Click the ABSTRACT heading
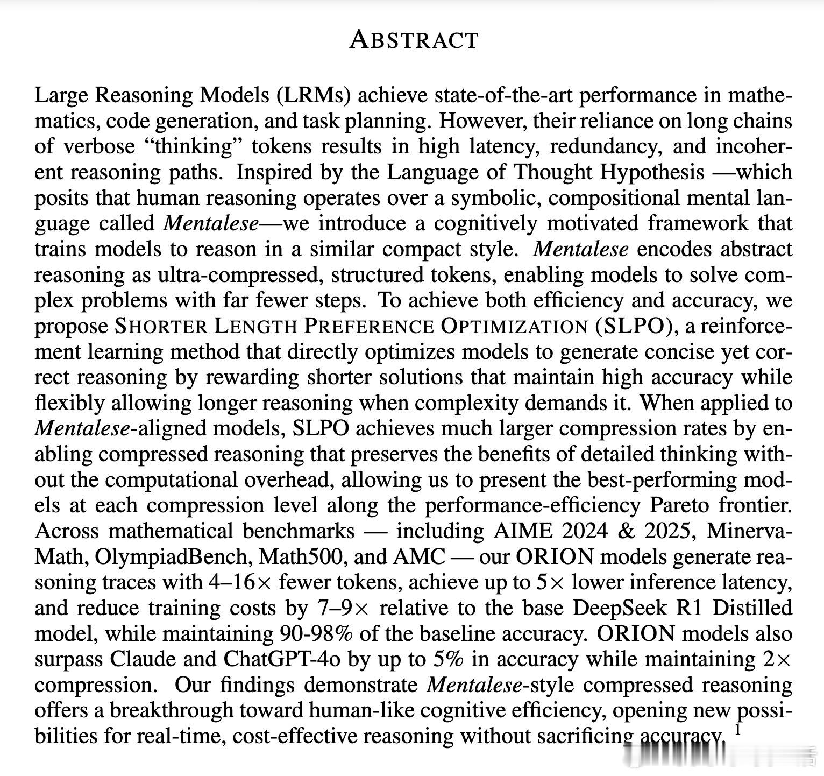(x=414, y=40)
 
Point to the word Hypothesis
(x=652, y=172)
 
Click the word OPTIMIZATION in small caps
(x=514, y=327)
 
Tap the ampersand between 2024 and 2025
(x=626, y=531)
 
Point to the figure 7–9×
(x=341, y=608)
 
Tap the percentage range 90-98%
(x=316, y=634)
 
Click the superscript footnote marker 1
(x=738, y=730)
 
